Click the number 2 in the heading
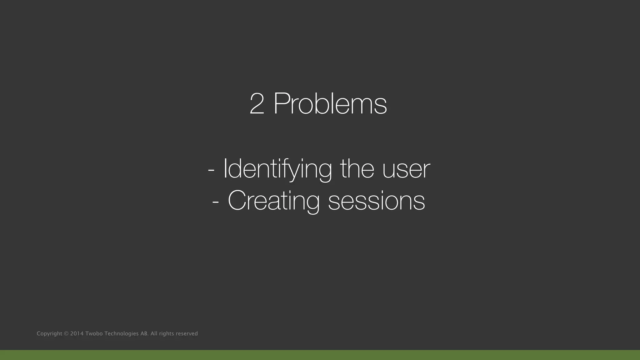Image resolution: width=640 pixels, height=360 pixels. pos(257,104)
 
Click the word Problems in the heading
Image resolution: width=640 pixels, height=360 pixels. pos(330,104)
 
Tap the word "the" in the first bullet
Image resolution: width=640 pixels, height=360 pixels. pos(357,169)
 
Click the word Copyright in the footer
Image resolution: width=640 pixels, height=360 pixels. pos(49,334)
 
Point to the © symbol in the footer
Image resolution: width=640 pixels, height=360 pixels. pos(66,334)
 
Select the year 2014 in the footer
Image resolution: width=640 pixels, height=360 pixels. pos(77,334)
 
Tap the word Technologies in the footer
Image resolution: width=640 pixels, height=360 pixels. pos(122,334)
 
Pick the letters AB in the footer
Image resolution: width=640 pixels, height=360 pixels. pos(144,334)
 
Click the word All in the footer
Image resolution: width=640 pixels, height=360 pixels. pos(154,334)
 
